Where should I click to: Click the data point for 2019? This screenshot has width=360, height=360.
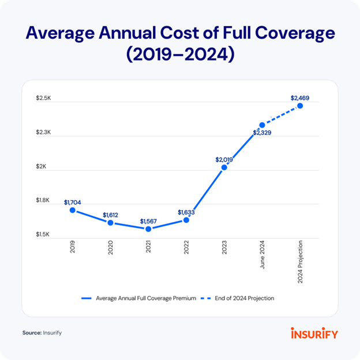73,210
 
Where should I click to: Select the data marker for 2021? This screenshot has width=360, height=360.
148,229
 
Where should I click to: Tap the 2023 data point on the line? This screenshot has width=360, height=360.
224,167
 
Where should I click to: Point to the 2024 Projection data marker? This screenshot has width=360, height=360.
300,106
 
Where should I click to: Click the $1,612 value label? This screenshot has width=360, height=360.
111,215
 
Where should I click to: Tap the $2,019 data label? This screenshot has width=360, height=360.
224,159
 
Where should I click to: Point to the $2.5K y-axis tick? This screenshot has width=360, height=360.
43,98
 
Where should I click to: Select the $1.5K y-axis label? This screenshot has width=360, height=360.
43,235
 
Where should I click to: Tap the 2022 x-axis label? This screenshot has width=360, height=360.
186,248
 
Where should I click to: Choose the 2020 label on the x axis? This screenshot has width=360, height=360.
111,248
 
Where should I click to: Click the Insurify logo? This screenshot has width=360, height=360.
314,333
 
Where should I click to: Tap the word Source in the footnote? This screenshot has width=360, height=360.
31,333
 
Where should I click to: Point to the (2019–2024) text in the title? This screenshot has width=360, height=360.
180,56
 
